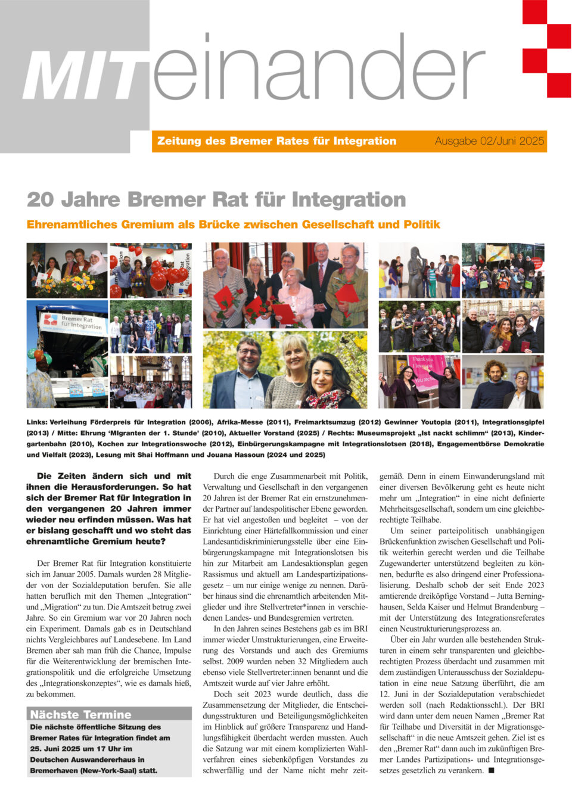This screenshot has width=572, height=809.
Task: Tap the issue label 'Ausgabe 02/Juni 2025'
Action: click(489, 141)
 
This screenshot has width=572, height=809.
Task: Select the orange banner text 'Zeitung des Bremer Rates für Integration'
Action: click(276, 141)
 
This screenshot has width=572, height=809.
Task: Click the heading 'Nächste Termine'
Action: click(80, 714)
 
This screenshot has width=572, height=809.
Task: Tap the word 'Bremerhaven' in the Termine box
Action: click(54, 770)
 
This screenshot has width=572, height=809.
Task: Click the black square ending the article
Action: click(491, 770)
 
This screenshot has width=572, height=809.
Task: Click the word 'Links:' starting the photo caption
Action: click(37, 422)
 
